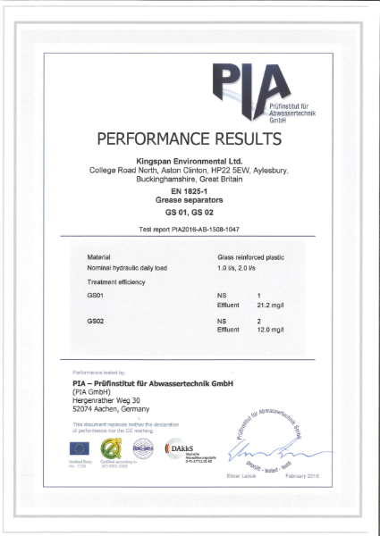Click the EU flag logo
point(80,448)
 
